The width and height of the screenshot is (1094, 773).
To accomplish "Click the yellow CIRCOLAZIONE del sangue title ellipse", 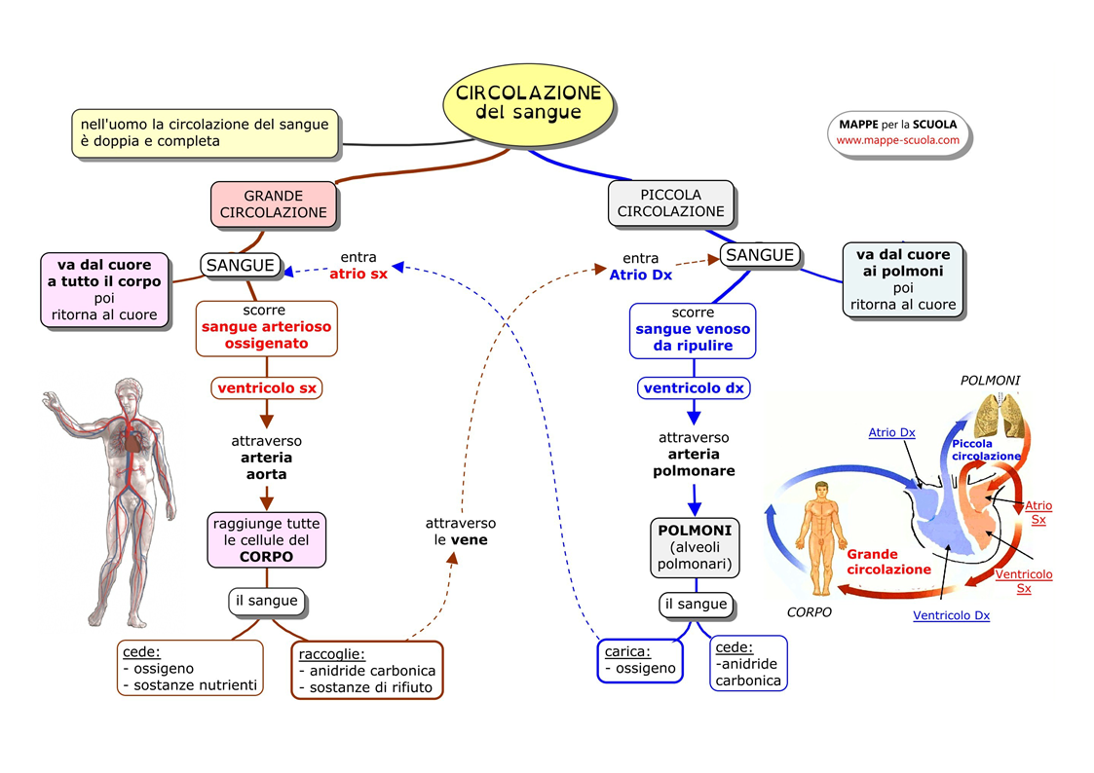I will point(528,102).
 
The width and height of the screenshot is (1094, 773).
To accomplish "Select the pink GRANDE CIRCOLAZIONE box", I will point(274,203).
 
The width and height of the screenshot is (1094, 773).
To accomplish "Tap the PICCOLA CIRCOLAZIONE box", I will point(670,203).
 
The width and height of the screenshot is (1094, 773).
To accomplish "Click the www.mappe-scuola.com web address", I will point(897,140).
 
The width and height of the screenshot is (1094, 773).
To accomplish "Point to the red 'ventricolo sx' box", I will point(267,387).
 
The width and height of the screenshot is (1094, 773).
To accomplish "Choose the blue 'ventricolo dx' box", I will point(694,387).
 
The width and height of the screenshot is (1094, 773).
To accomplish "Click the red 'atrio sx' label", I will point(358,275).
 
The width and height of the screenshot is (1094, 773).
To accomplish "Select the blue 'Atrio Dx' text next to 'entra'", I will point(640,275).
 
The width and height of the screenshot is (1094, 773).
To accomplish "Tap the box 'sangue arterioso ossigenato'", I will point(267,329).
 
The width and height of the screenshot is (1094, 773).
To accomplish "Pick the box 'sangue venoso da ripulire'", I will point(694,329).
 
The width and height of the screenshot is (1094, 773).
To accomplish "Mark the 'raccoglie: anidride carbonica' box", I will point(366,670).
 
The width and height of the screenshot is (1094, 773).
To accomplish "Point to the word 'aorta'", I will point(267,474).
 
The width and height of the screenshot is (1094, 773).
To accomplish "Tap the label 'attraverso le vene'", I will point(461,531).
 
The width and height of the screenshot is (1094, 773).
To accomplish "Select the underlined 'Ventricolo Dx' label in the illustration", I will point(951,615).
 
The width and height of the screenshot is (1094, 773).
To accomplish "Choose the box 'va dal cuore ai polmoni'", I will point(903,279).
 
